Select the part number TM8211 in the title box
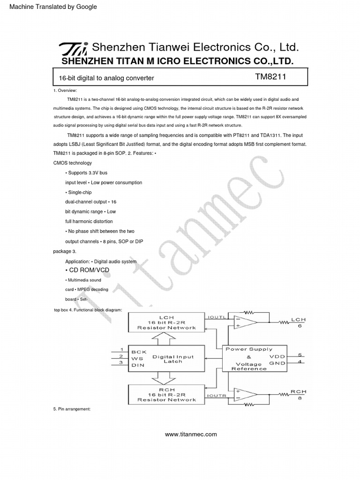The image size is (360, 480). click(268, 77)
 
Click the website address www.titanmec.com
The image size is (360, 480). click(191, 434)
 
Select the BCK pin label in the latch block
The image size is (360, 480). click(139, 352)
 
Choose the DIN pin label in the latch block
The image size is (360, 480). click(138, 365)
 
